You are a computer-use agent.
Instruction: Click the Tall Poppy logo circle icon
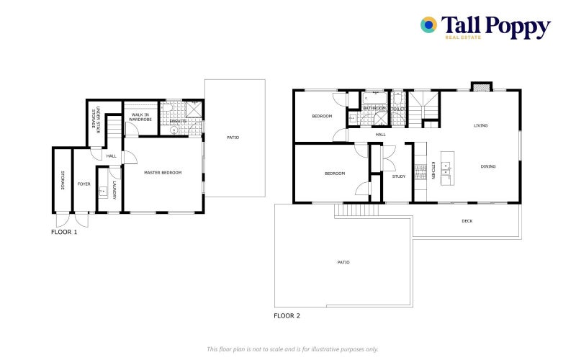click(x=429, y=25)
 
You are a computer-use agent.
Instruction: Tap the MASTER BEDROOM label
click(x=163, y=173)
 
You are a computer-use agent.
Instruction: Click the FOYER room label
click(x=84, y=184)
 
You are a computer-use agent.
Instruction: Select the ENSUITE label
click(x=179, y=122)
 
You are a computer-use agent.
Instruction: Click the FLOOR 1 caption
click(x=64, y=232)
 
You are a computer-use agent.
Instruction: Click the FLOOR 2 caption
click(x=287, y=315)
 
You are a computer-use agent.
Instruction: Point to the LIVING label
click(x=480, y=125)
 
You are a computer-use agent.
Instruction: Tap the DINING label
click(x=488, y=166)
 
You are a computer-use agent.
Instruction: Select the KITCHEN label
click(x=434, y=174)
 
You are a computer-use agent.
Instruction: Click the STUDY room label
click(x=398, y=176)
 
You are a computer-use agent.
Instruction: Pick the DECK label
click(x=467, y=221)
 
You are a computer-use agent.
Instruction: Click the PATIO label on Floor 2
click(x=343, y=262)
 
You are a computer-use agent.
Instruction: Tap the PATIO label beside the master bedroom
click(x=233, y=137)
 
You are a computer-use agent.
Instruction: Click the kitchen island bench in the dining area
click(x=446, y=169)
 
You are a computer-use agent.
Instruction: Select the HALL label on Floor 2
click(x=380, y=134)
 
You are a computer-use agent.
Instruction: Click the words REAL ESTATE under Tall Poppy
click(x=462, y=37)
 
